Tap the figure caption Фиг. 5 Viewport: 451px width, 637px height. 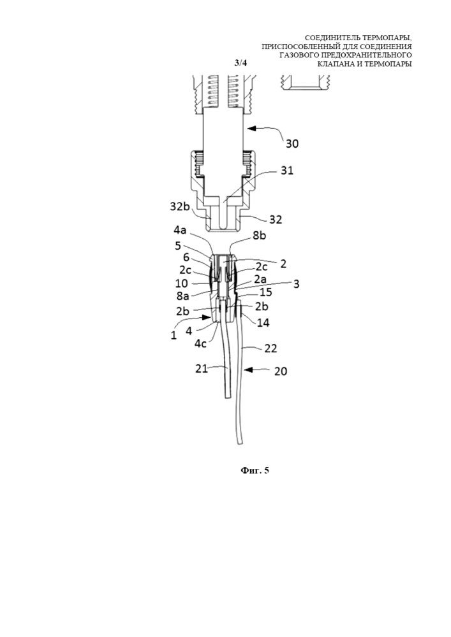pyautogui.click(x=255, y=471)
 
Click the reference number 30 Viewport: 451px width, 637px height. pyautogui.click(x=292, y=144)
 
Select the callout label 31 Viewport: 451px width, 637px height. pyautogui.click(x=286, y=171)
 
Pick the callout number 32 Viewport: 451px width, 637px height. pyautogui.click(x=276, y=219)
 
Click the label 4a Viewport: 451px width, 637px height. pyautogui.click(x=181, y=231)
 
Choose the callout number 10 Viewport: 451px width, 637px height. pyautogui.click(x=182, y=283)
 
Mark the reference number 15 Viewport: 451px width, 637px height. pyautogui.click(x=266, y=292)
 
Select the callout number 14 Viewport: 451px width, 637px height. pyautogui.click(x=263, y=322)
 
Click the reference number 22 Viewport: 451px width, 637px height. pyautogui.click(x=271, y=348)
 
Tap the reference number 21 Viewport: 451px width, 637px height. pyautogui.click(x=202, y=368)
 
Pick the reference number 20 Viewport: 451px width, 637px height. pyautogui.click(x=281, y=371)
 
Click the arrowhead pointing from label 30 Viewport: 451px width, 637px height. pyautogui.click(x=251, y=129)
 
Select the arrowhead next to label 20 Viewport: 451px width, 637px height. pyautogui.click(x=249, y=369)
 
